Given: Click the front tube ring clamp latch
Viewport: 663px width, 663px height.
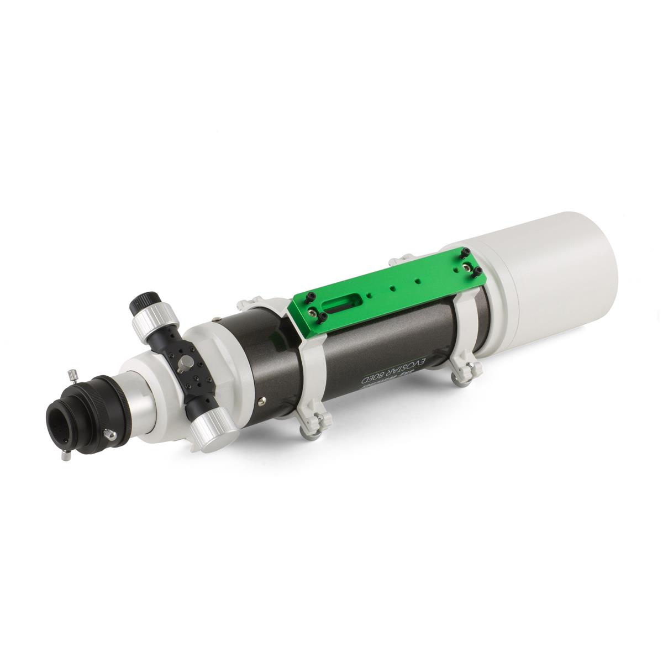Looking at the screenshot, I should [461, 376].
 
